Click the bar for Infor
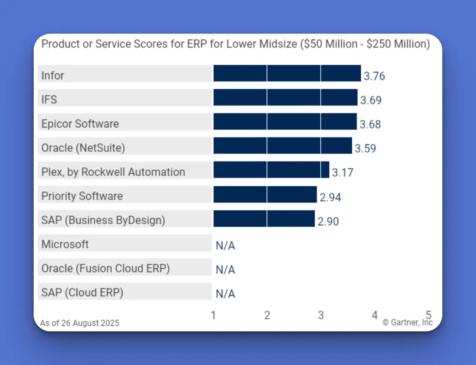287,73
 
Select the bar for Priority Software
265,195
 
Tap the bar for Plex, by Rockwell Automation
271,170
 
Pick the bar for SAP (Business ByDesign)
264,219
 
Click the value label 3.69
370,101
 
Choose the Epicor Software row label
80,124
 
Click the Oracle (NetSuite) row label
83,148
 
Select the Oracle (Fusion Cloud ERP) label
105,268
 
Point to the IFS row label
49,100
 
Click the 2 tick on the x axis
267,315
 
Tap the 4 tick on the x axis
375,315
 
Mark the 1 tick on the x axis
213,315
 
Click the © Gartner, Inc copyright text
407,323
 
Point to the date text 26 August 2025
89,323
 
